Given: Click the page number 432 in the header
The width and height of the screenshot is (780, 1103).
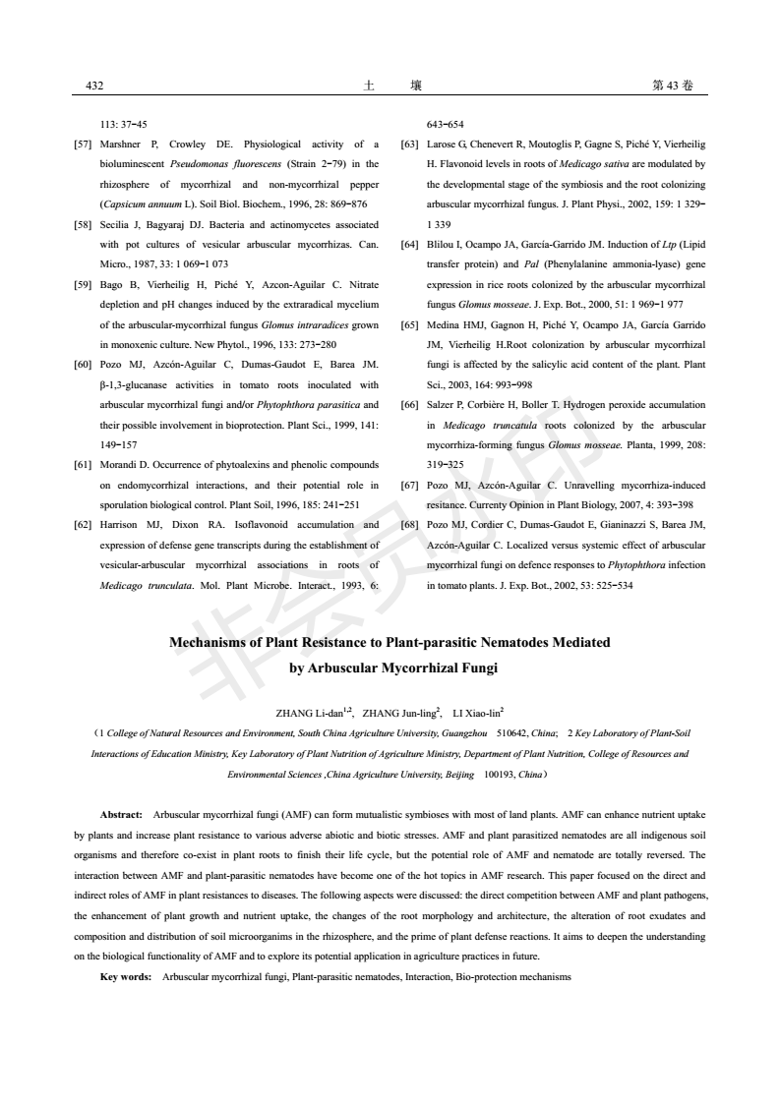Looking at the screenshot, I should coord(95,86).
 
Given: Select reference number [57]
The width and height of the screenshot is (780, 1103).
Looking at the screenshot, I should coord(86,144).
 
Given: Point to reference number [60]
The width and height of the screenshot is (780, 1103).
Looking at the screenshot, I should coord(86,365).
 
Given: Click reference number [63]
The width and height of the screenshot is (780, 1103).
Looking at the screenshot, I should coord(409,144).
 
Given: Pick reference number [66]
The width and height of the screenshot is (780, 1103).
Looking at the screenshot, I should coord(409,404).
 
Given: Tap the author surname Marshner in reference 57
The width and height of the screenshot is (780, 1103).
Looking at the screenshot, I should coord(125,144).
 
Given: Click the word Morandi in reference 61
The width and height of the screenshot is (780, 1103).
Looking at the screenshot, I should coord(123,463).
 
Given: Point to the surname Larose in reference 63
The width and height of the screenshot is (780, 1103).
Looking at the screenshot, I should coord(441,144).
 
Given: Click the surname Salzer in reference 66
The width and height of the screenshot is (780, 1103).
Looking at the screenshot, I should coord(440,404).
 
